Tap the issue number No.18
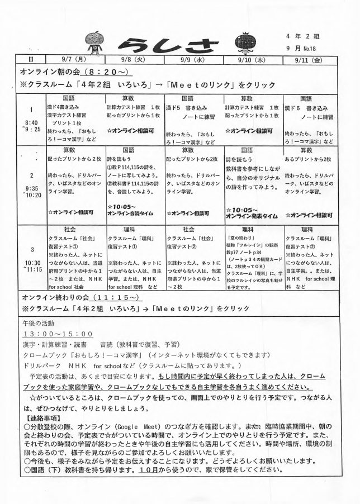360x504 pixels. pos(319,49)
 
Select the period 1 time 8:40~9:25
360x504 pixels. pos(31,123)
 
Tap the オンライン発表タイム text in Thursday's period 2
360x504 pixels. pos(250,216)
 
